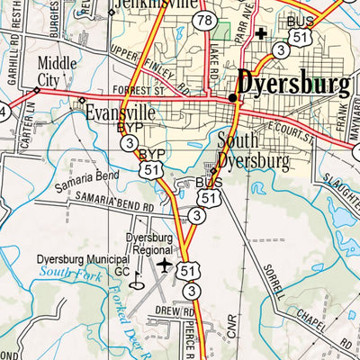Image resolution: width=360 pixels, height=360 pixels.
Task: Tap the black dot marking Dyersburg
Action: pos(232,97)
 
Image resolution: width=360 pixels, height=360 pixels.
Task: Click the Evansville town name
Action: pos(120,114)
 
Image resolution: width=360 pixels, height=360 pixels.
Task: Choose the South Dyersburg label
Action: pos(253,152)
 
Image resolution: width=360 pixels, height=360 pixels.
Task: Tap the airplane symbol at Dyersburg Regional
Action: pos(165,265)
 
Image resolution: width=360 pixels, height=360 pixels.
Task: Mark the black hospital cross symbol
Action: pos(261,35)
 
